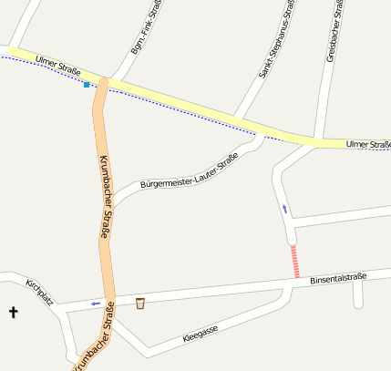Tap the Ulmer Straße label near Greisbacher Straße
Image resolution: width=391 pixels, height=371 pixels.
[x=368, y=144]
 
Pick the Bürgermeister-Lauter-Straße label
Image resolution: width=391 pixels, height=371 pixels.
[x=190, y=171]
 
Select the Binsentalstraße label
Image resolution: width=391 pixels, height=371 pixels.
[x=337, y=278]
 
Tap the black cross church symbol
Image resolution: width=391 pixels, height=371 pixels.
[x=14, y=313]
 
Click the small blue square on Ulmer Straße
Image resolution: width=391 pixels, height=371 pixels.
[x=87, y=85]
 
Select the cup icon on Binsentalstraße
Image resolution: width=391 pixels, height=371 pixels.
[x=140, y=303]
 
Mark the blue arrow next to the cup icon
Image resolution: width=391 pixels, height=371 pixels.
[x=96, y=304]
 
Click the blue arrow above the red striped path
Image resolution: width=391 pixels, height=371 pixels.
[x=284, y=209]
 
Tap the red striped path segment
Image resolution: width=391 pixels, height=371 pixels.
[x=294, y=261]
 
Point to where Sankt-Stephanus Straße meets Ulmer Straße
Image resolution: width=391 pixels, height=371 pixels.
[x=239, y=119]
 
